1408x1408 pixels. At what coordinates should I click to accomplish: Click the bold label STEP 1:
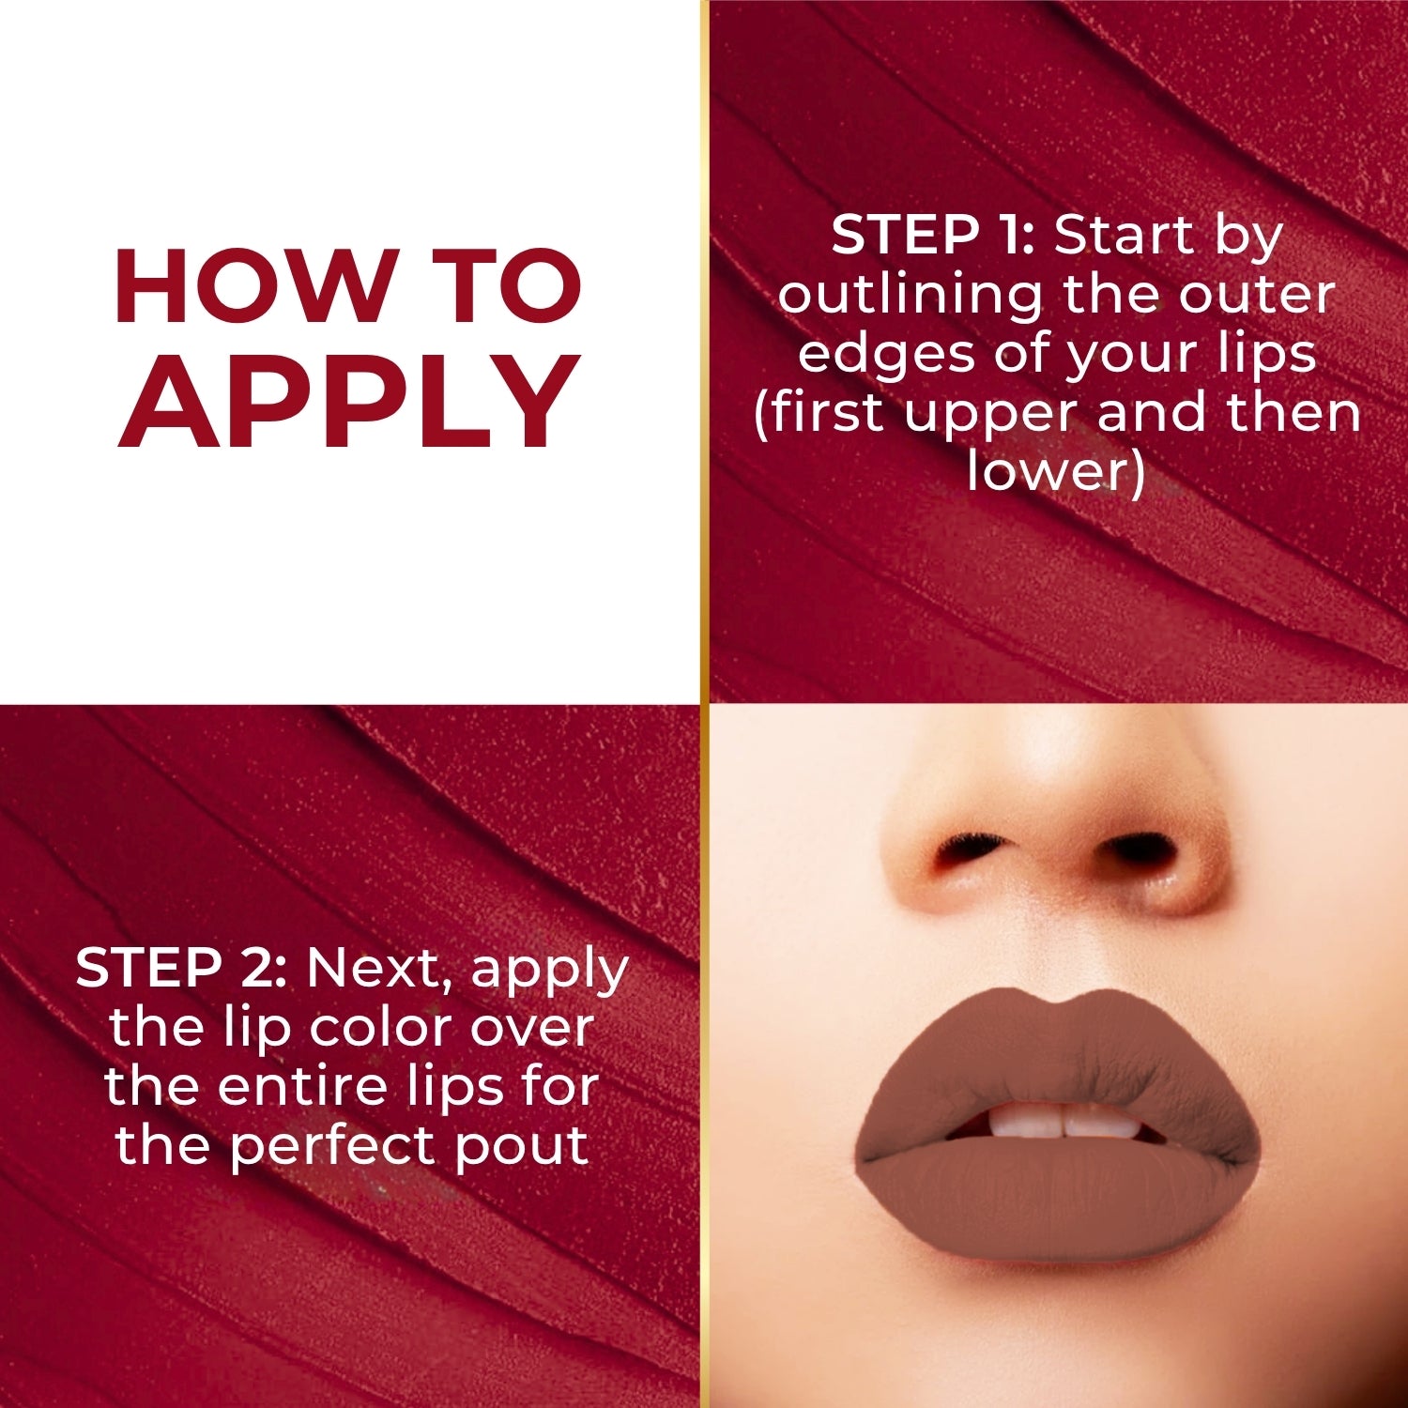[932, 235]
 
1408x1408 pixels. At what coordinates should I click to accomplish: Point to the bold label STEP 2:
[181, 967]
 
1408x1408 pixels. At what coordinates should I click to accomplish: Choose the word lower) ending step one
[1056, 470]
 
